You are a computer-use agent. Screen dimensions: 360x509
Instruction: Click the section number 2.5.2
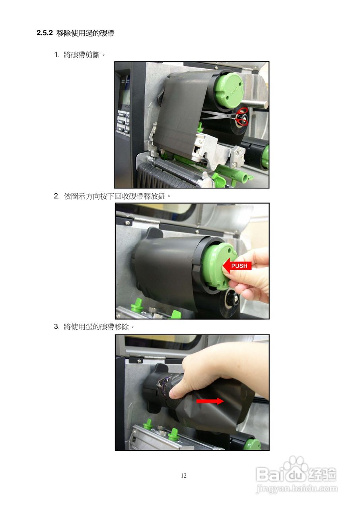[45, 33]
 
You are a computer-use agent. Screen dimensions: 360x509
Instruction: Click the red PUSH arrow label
[237, 265]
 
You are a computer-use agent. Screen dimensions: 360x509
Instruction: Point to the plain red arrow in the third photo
[210, 401]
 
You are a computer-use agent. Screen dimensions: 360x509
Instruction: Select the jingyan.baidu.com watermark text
[297, 488]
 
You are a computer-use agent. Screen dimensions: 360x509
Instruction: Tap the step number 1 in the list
[56, 55]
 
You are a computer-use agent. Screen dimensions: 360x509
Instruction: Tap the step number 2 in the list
[56, 196]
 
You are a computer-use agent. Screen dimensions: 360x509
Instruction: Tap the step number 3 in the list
[56, 327]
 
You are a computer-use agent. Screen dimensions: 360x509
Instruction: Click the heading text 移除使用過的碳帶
[85, 33]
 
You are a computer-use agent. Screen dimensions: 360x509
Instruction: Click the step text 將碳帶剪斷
[82, 55]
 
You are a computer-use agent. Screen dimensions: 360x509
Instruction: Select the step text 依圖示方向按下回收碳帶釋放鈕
[114, 196]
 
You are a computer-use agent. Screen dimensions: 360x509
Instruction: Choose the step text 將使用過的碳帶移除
[96, 327]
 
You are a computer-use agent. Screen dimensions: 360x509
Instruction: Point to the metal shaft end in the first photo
[264, 105]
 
